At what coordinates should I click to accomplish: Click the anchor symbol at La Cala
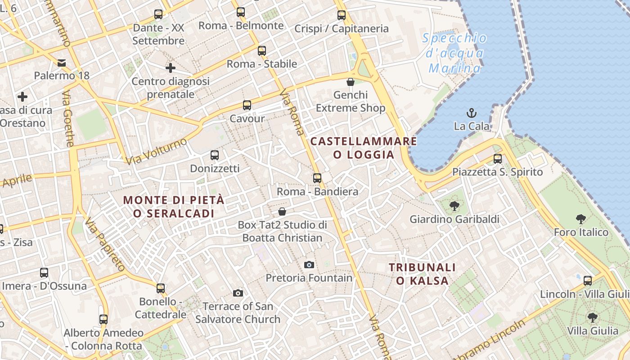point(472,112)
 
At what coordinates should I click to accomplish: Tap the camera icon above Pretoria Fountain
point(309,265)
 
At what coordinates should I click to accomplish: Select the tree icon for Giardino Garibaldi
point(454,206)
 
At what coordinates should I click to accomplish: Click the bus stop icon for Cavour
point(247,105)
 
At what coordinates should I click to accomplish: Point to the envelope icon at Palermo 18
point(62,63)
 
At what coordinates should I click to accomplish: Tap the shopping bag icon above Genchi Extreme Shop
point(351,82)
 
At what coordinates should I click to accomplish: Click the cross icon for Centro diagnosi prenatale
point(170,68)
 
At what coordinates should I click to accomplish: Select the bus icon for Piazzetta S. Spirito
point(497,158)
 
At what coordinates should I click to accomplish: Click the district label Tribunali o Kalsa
point(422,274)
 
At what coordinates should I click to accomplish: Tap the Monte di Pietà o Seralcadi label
point(174,207)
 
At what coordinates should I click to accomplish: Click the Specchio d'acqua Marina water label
point(454,53)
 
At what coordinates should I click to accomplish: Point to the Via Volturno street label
point(157,151)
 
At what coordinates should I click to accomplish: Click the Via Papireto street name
point(105,245)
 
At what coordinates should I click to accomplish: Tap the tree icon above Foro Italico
point(580,219)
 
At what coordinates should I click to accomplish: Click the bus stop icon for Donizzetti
point(215,155)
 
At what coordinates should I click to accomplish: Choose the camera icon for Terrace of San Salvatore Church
point(238,293)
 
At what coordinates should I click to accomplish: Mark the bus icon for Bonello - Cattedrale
point(161,288)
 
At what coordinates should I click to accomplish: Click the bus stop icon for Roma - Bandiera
point(317,178)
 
